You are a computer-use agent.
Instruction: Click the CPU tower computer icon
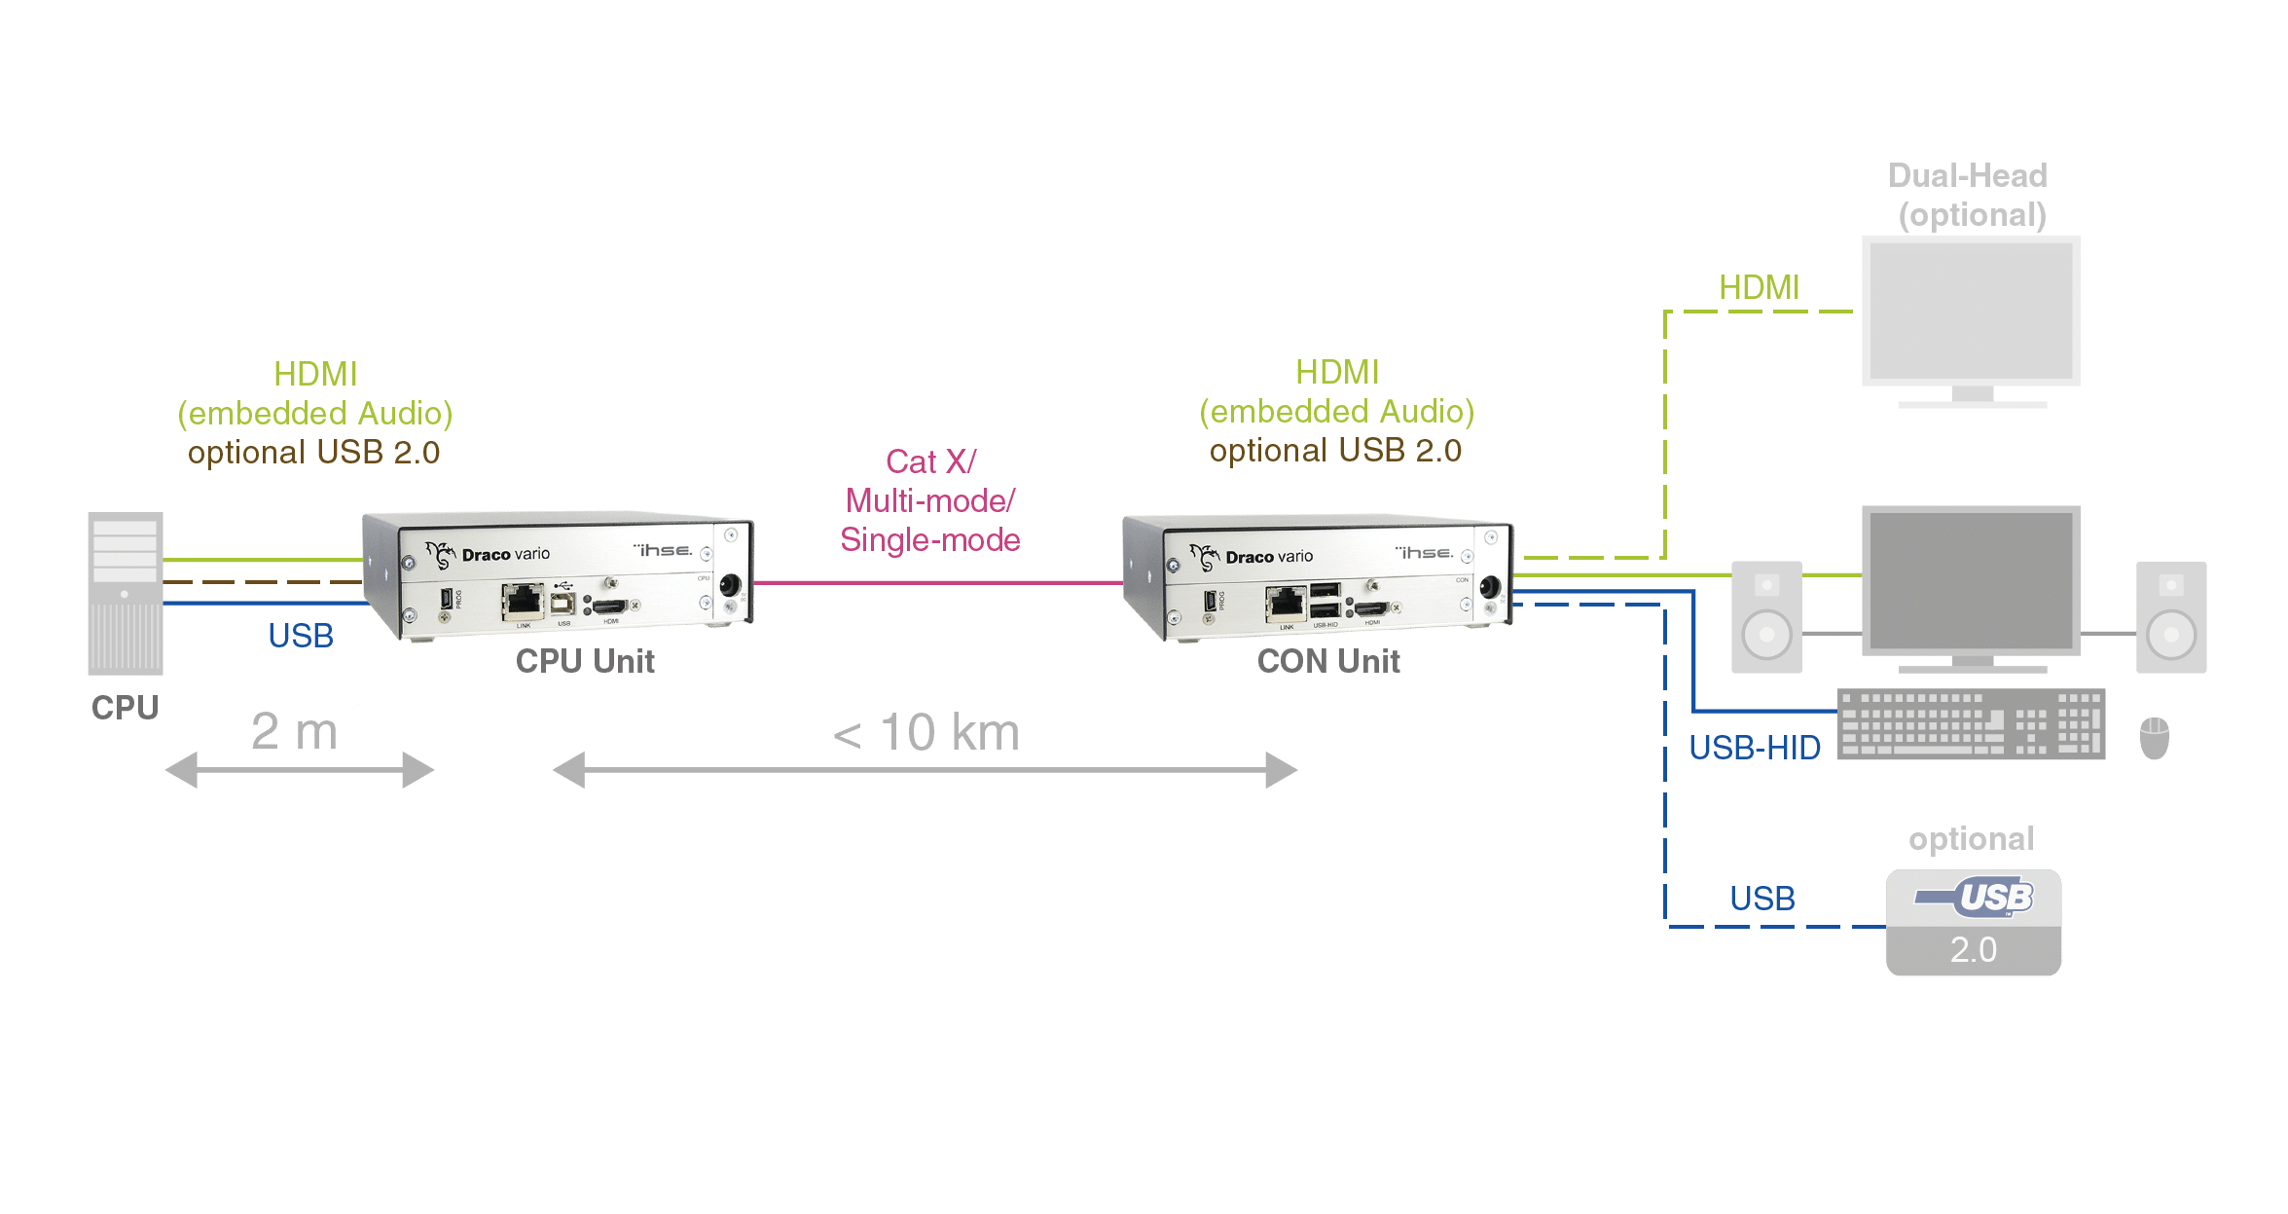(126, 593)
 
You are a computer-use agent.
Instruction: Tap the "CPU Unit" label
(586, 662)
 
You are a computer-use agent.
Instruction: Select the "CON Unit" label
(1328, 662)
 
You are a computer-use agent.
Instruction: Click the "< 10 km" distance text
(926, 733)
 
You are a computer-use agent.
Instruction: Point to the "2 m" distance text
(294, 732)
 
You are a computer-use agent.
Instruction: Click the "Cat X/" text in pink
(930, 461)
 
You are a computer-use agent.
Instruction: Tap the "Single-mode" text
(930, 539)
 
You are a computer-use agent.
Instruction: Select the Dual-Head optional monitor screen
(1971, 312)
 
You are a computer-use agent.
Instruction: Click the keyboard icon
(1971, 724)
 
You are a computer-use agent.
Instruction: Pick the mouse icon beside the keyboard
(2155, 738)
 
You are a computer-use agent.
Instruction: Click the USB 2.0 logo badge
(1973, 922)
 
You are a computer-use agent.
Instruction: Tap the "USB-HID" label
(1754, 748)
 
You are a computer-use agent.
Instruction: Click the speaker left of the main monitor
(1766, 617)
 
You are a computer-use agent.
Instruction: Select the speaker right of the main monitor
(2170, 617)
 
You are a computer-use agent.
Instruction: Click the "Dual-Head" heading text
(1968, 175)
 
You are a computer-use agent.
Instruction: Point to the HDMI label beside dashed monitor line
(1759, 287)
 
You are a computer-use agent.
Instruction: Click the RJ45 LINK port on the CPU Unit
(523, 601)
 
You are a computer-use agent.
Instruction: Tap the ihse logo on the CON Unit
(1424, 552)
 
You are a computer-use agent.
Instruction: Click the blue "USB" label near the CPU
(301, 637)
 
